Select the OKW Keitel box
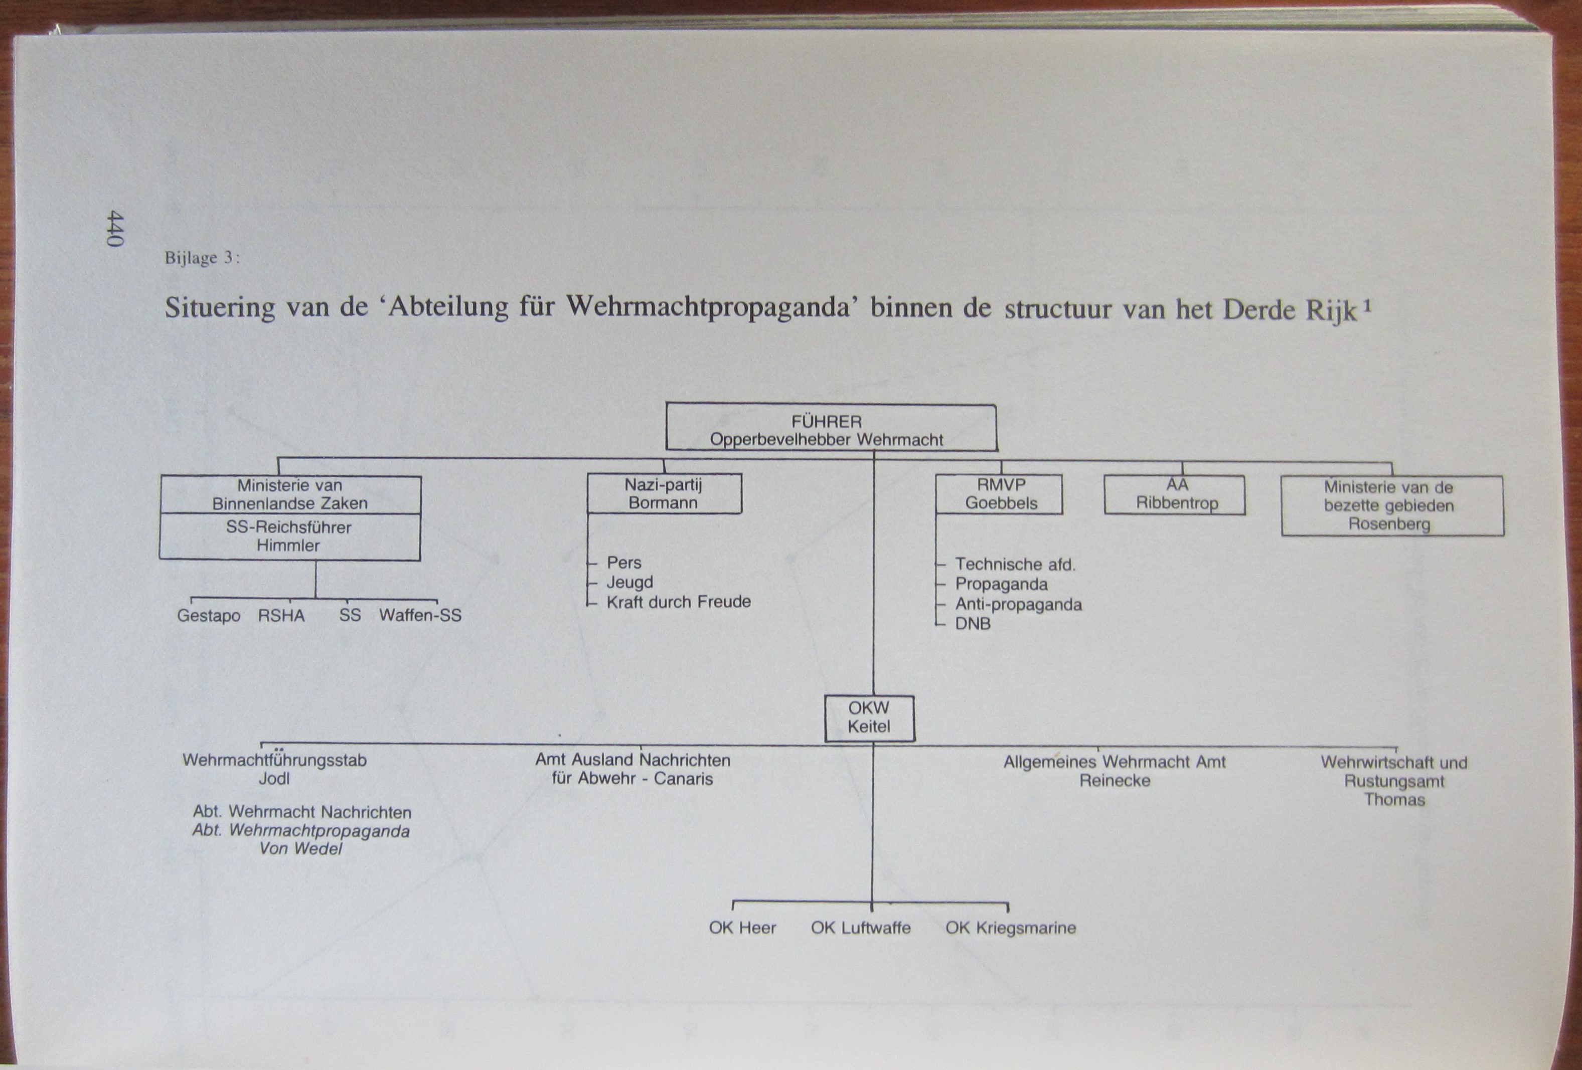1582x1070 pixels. [x=869, y=718]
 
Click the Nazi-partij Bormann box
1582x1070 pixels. [x=664, y=494]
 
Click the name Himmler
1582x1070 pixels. [x=288, y=545]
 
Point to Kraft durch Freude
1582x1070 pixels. [x=679, y=602]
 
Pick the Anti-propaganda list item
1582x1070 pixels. [x=1018, y=604]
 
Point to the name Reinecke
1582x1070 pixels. [x=1115, y=781]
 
